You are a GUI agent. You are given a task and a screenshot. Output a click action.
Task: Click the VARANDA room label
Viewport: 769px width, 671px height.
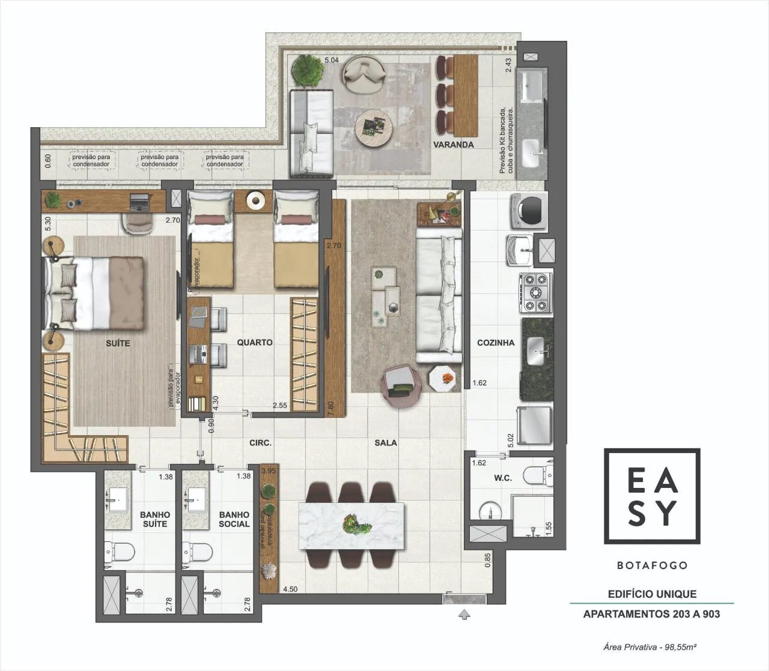point(453,145)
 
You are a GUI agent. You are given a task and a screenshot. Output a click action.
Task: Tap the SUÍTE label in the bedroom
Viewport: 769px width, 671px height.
point(118,343)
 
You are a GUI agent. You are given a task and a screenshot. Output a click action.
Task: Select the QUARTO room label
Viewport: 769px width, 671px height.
point(255,343)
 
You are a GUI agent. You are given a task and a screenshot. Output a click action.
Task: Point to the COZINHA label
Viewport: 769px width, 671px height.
point(496,343)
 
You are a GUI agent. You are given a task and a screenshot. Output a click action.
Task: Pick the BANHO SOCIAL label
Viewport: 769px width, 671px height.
point(234,519)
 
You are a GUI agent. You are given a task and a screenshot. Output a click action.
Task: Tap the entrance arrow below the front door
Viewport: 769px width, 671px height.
point(464,615)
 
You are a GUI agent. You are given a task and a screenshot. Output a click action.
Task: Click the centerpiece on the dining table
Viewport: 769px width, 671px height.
point(355,525)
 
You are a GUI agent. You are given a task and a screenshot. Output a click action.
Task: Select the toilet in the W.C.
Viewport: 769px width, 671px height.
point(538,475)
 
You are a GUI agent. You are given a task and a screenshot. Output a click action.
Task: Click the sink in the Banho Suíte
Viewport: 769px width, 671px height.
point(118,500)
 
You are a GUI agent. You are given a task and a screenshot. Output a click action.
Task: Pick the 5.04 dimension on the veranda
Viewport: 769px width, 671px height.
point(332,60)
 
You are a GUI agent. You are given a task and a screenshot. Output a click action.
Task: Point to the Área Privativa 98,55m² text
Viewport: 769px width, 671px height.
point(650,647)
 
